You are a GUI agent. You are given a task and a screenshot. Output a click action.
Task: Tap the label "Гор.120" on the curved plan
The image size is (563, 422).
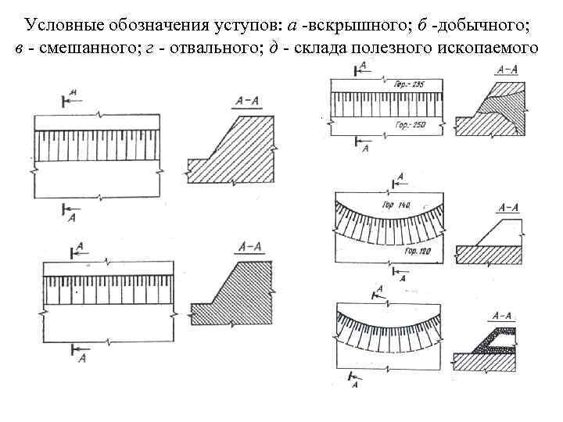click(x=421, y=252)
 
